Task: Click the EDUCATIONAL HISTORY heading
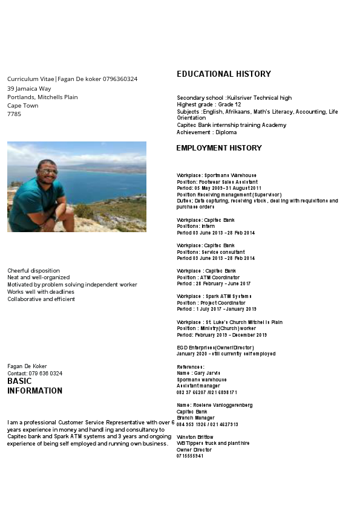[x=223, y=74]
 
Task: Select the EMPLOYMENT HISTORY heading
[x=218, y=148]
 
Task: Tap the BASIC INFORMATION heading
[x=34, y=386]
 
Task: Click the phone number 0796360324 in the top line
[x=120, y=79]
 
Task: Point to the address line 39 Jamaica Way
[x=29, y=88]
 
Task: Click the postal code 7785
[x=14, y=114]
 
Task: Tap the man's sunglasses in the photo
[x=48, y=171]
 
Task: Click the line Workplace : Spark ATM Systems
[x=214, y=296]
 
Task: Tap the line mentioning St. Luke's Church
[x=229, y=322]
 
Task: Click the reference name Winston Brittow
[x=195, y=436]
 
